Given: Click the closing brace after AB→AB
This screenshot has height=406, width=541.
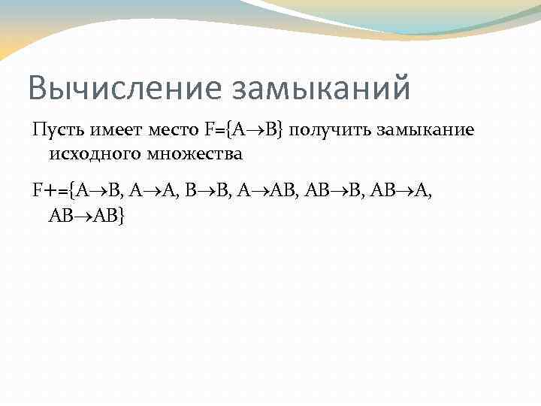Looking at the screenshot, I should [122, 215].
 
